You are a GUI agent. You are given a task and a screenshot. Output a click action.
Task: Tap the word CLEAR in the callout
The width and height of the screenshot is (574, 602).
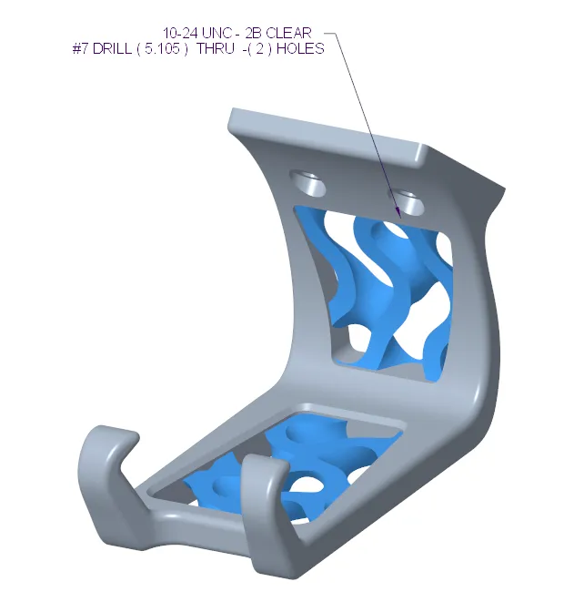click(x=288, y=34)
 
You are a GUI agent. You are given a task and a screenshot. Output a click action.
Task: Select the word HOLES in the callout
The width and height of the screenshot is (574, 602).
click(x=301, y=49)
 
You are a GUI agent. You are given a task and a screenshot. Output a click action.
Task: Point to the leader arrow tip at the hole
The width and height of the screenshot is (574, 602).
click(x=398, y=212)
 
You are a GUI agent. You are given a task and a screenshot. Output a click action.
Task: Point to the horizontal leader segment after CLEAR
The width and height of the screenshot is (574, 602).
click(x=330, y=35)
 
